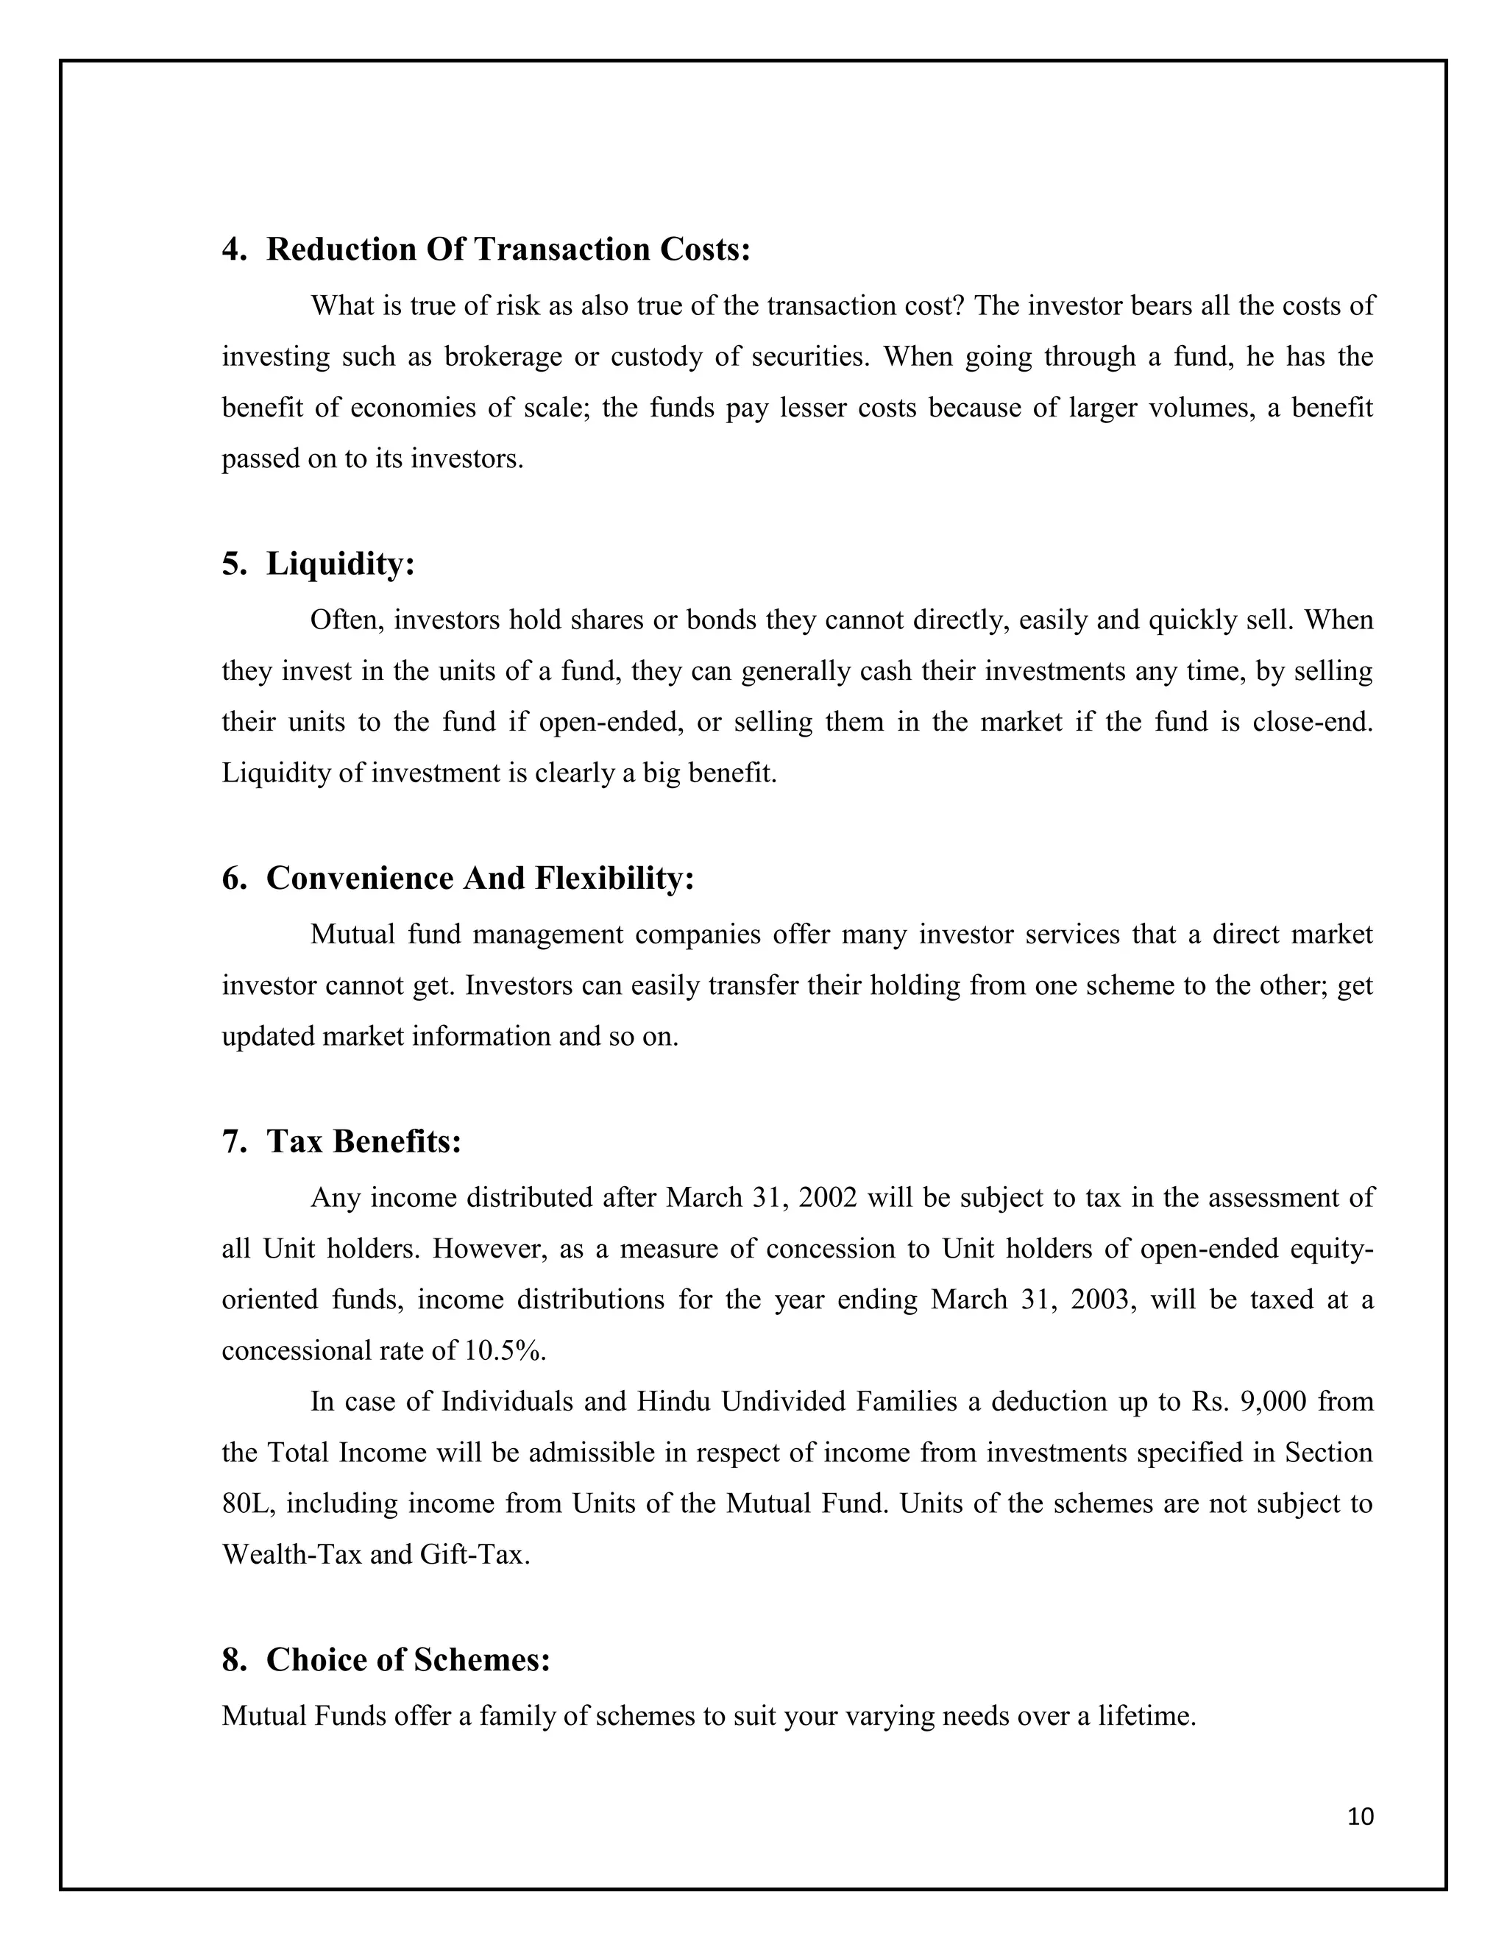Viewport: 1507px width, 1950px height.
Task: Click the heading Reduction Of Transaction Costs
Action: click(508, 250)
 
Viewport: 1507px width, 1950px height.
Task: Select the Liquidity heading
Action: click(340, 564)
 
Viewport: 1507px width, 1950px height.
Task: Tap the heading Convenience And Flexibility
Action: click(480, 879)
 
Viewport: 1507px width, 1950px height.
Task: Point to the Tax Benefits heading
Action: click(364, 1141)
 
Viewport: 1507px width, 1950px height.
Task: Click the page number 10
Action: click(1361, 1817)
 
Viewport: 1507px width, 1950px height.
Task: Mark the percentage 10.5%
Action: click(504, 1351)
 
